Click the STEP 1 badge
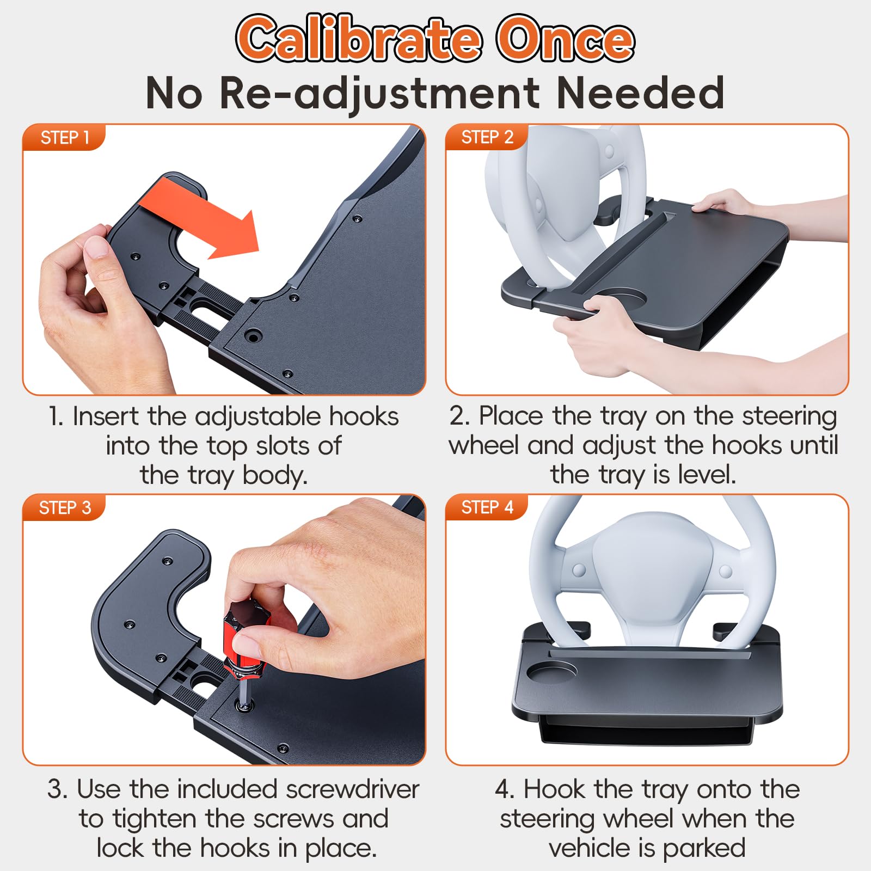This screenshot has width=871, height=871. (x=64, y=138)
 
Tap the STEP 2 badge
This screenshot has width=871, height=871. (x=487, y=137)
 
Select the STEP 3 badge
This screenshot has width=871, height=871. (x=64, y=508)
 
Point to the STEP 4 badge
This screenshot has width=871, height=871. (x=487, y=507)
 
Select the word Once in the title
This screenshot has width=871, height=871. (x=565, y=39)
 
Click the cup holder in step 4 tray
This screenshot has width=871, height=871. (x=551, y=672)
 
